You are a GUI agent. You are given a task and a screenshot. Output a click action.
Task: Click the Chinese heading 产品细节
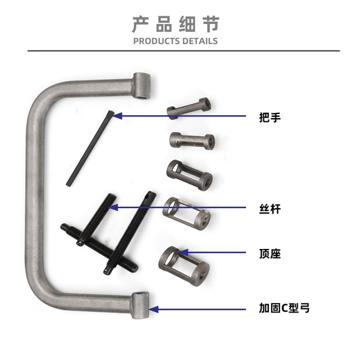tap(176, 24)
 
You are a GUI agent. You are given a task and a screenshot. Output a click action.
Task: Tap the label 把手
tap(270, 118)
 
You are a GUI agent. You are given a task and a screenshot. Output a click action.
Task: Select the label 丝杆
tap(270, 209)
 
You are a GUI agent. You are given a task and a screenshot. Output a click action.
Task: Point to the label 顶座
tap(270, 254)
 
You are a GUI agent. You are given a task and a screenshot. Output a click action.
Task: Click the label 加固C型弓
tap(284, 308)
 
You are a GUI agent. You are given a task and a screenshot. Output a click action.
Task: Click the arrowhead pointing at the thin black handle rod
tap(117, 116)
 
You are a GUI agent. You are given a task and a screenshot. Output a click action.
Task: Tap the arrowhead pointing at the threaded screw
tap(113, 208)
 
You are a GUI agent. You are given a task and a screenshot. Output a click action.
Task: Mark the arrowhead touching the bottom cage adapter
tap(184, 253)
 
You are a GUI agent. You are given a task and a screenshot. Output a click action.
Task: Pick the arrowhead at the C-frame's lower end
tap(154, 309)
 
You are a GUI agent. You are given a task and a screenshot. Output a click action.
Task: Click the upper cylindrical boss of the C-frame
tap(142, 85)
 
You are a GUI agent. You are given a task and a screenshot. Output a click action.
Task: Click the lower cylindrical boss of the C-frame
tap(140, 305)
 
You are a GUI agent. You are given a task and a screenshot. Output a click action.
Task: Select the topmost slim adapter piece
tap(189, 108)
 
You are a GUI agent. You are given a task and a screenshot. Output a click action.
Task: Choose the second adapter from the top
tap(192, 141)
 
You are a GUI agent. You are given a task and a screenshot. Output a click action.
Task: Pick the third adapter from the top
tap(190, 175)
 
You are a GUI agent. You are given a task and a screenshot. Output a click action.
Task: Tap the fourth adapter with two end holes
tap(187, 213)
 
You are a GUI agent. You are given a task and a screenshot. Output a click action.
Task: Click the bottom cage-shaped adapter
tap(184, 266)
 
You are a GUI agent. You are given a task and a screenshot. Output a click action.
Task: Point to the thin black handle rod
tap(90, 148)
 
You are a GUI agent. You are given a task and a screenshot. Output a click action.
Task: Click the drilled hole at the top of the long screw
tap(148, 196)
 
